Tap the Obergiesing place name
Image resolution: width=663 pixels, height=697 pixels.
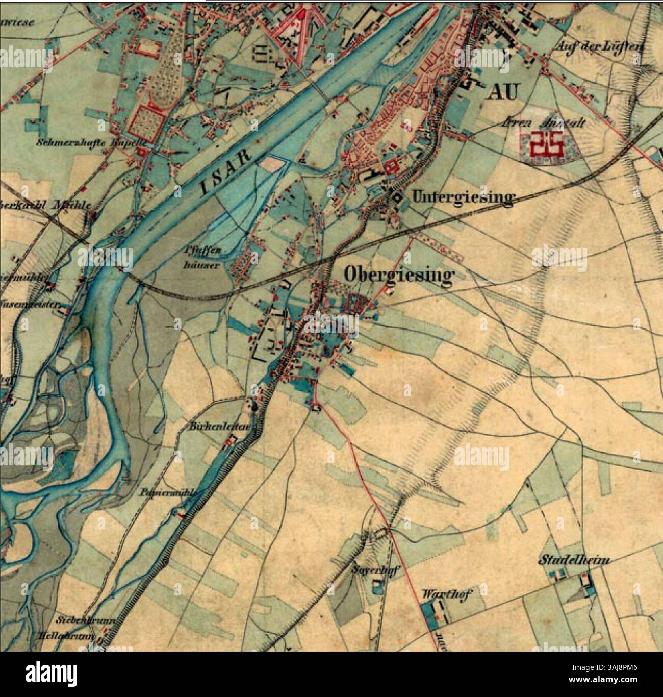pyautogui.click(x=398, y=275)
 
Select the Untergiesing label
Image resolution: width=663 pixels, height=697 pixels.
pyautogui.click(x=462, y=197)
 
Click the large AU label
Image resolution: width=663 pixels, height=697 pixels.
pyautogui.click(x=503, y=92)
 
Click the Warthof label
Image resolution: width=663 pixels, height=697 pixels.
pyautogui.click(x=447, y=594)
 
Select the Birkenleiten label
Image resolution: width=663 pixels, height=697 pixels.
pyautogui.click(x=220, y=427)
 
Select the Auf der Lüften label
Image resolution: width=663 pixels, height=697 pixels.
pyautogui.click(x=599, y=46)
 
